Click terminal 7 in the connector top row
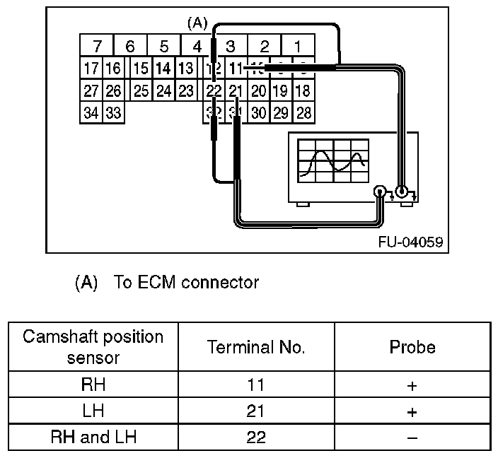click(x=97, y=47)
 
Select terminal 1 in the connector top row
click(x=298, y=47)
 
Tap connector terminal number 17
click(x=91, y=69)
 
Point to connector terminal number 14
click(x=163, y=69)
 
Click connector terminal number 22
click(x=214, y=90)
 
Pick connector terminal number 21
click(x=236, y=90)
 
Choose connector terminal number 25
click(x=141, y=90)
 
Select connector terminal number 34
click(x=91, y=112)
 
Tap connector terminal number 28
click(x=303, y=112)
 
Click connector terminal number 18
click(x=303, y=90)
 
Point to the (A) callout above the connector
click(x=197, y=23)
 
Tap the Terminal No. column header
click(x=256, y=347)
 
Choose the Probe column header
click(x=412, y=347)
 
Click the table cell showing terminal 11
click(x=256, y=386)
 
